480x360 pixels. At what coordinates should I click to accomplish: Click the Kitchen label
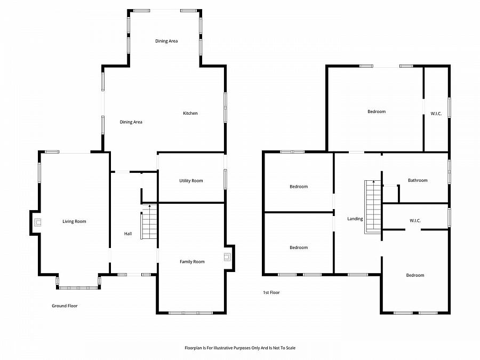(x=190, y=113)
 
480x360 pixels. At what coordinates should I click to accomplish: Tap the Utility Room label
(x=191, y=181)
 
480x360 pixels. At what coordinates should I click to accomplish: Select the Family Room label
(x=192, y=262)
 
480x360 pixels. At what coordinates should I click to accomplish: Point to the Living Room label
(x=74, y=222)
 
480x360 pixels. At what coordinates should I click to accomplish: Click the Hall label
(x=128, y=234)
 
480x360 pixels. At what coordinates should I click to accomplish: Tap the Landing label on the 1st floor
(x=355, y=219)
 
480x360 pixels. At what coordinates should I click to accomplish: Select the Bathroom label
(x=418, y=180)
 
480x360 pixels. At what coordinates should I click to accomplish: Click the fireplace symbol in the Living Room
(x=37, y=222)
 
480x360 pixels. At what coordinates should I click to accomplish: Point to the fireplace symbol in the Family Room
(x=227, y=257)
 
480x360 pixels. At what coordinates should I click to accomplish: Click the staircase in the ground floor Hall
(x=149, y=222)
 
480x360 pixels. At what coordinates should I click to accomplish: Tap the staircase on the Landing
(x=373, y=207)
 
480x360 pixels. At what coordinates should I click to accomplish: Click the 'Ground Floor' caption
(x=65, y=306)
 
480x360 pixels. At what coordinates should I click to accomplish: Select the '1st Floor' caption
(x=271, y=293)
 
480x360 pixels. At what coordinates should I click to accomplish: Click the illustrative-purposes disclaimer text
(x=240, y=348)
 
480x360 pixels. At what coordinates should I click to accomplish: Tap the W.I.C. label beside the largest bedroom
(x=436, y=114)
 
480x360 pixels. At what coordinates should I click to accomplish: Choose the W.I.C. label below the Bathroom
(x=415, y=221)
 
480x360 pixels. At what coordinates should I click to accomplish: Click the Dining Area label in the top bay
(x=166, y=41)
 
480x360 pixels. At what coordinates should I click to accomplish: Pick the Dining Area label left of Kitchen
(x=131, y=122)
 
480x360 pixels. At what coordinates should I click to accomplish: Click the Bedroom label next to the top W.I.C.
(x=377, y=112)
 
